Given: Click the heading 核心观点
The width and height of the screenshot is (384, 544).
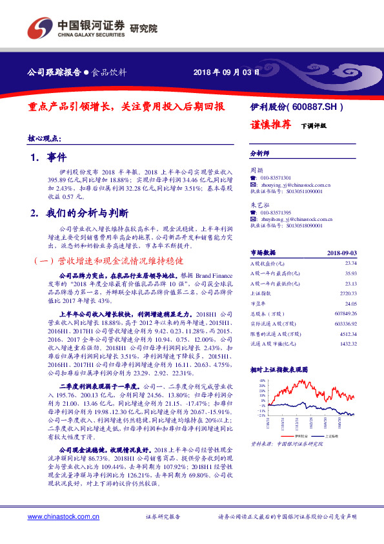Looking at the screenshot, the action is click(x=45, y=138).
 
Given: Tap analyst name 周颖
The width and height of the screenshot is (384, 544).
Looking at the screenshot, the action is click(x=256, y=169).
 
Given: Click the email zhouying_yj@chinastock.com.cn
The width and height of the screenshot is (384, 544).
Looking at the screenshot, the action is click(x=294, y=184).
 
